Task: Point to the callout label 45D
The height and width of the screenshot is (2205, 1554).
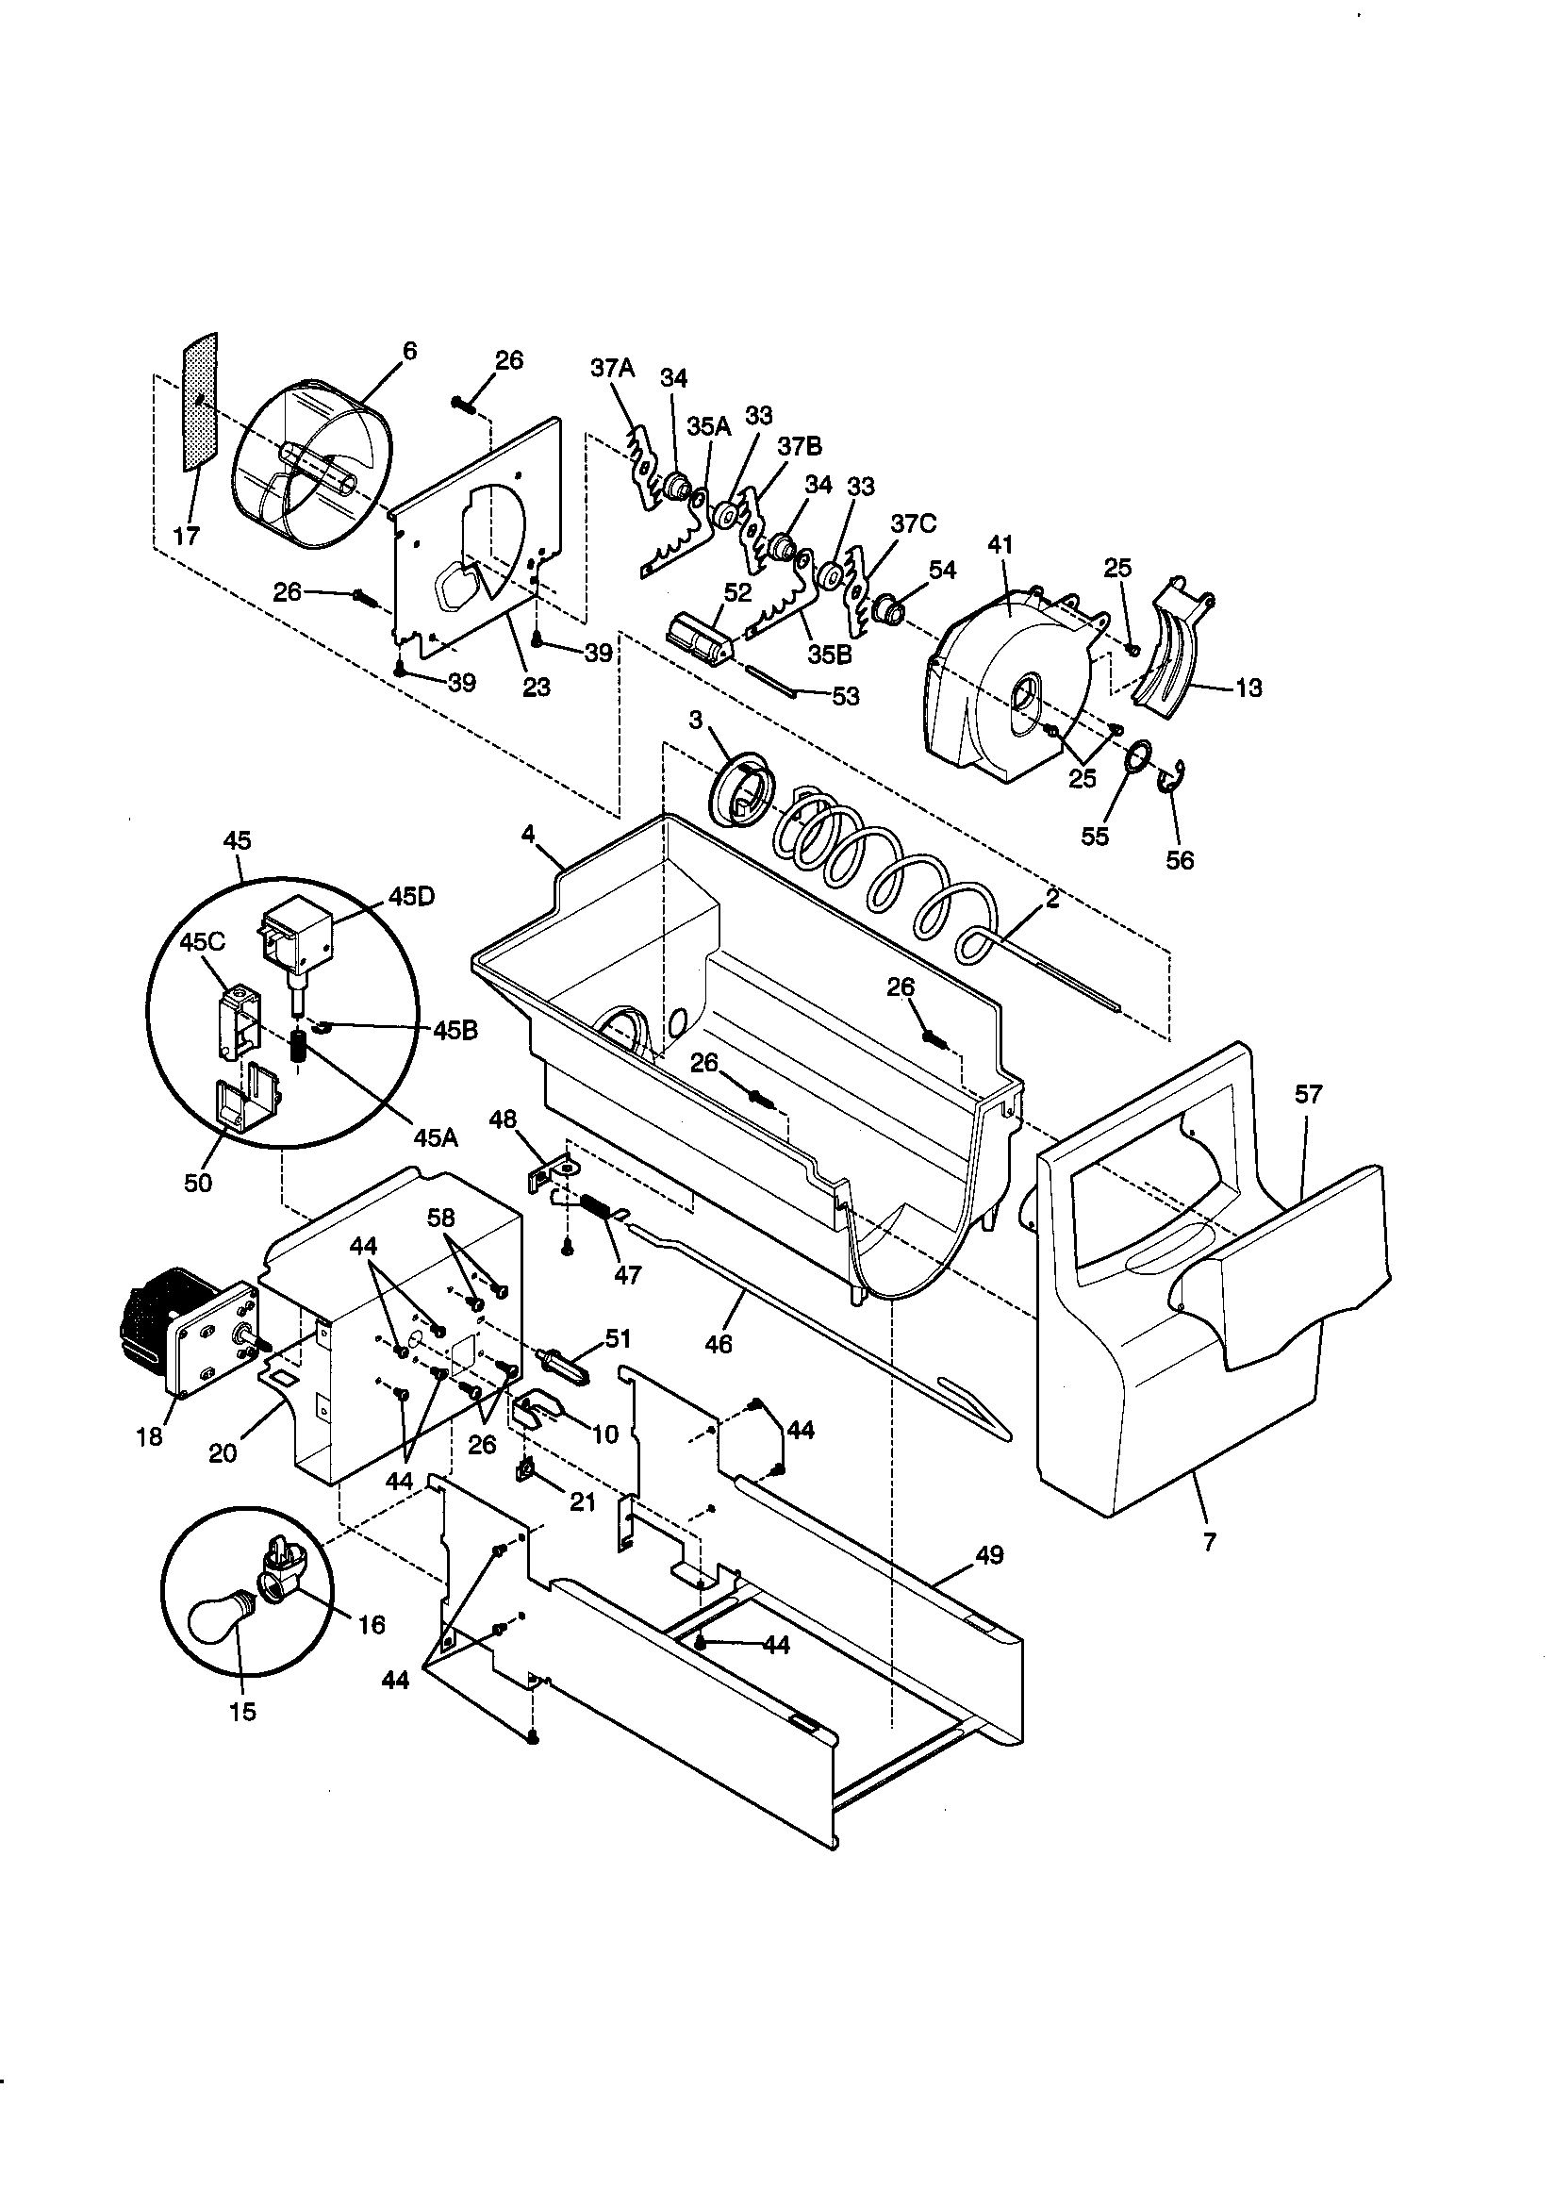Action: (x=411, y=896)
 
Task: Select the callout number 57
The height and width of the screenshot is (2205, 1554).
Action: (x=1308, y=1094)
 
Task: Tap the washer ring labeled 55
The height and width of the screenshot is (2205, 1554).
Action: (x=1137, y=759)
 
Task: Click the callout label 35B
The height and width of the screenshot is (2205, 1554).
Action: (x=829, y=654)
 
